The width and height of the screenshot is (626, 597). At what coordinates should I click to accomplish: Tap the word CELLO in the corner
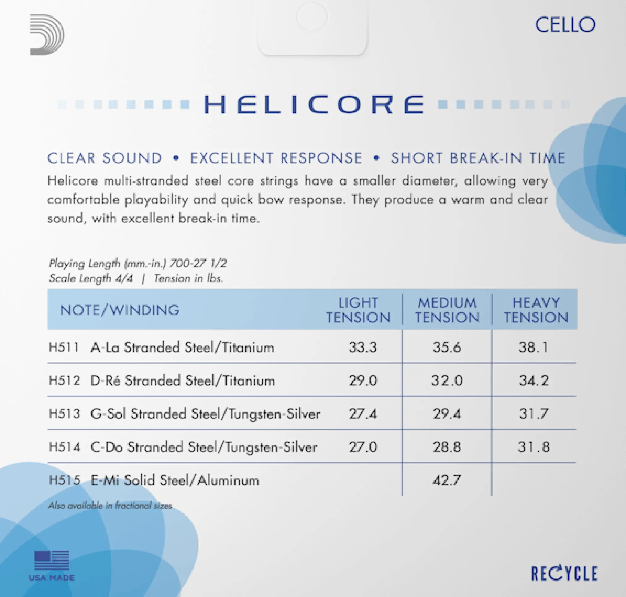(565, 25)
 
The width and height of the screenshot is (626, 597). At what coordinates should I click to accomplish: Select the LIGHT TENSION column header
(358, 310)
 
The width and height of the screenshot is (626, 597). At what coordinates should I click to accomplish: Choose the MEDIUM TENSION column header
(447, 310)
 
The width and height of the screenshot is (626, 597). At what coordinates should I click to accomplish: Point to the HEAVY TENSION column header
(536, 310)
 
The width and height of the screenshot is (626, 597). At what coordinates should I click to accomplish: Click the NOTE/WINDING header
(120, 310)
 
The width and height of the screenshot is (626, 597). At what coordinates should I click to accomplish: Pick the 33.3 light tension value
(362, 347)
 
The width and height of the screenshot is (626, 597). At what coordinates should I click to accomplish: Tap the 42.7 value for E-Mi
(447, 480)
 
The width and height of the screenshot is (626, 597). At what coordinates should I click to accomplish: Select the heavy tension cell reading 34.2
(534, 380)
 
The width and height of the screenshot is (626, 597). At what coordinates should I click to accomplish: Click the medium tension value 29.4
(447, 414)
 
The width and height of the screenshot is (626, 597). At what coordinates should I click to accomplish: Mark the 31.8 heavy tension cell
(534, 447)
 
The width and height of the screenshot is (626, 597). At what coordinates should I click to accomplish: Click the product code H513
(64, 414)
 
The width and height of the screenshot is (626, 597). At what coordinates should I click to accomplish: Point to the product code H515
(64, 480)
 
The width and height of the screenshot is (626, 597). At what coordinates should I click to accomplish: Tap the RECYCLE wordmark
(564, 574)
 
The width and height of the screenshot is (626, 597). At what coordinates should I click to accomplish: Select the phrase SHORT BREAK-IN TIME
(478, 158)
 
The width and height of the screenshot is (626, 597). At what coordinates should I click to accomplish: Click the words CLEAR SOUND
(105, 158)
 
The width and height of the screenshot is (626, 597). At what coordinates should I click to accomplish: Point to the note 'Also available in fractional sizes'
(110, 506)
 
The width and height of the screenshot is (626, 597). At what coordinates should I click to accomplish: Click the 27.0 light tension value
(362, 447)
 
